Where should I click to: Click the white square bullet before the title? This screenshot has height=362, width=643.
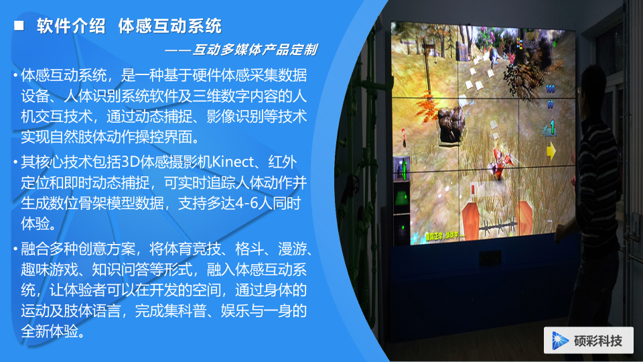pyautogui.click(x=19, y=26)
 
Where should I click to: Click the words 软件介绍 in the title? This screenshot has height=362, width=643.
pyautogui.click(x=71, y=26)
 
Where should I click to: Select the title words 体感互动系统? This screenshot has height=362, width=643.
pyautogui.click(x=169, y=26)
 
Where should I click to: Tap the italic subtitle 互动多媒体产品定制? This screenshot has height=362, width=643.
pyautogui.click(x=255, y=50)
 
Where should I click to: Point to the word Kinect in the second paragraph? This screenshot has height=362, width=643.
pyautogui.click(x=233, y=162)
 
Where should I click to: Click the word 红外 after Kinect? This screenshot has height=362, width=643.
pyautogui.click(x=282, y=162)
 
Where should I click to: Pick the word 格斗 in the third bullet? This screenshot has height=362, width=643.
pyautogui.click(x=249, y=249)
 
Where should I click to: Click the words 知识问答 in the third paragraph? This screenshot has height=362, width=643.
pyautogui.click(x=120, y=269)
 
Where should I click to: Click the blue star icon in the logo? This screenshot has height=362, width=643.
pyautogui.click(x=559, y=341)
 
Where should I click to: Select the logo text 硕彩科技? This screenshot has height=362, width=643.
pyautogui.click(x=598, y=341)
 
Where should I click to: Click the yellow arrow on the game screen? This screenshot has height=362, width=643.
pyautogui.click(x=551, y=150)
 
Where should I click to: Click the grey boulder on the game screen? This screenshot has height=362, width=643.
pyautogui.click(x=452, y=125)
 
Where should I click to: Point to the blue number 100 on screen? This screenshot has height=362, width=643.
pyautogui.click(x=551, y=88)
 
